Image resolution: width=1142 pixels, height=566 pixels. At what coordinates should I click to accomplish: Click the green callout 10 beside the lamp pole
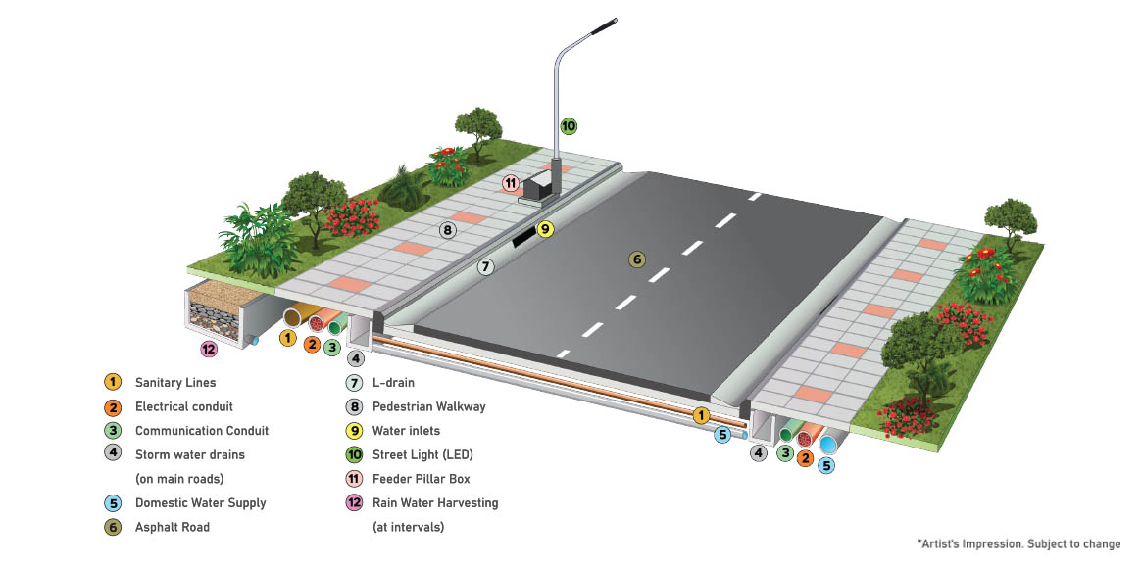point(569,125)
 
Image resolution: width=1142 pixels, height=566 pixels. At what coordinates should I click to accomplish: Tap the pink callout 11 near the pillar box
point(510,182)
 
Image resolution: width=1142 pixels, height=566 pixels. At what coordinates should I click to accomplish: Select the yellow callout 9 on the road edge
point(545,229)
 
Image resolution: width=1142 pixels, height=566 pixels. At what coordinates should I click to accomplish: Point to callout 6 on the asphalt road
point(637,259)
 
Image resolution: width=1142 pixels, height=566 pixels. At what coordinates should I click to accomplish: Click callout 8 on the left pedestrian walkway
point(447,231)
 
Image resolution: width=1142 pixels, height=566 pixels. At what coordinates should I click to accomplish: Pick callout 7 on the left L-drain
point(486,266)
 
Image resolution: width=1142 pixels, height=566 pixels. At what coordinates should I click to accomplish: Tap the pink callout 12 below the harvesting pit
point(208,349)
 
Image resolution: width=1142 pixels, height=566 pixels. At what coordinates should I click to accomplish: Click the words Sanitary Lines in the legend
point(174,382)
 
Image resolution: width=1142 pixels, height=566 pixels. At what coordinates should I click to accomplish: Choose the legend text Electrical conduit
point(183,406)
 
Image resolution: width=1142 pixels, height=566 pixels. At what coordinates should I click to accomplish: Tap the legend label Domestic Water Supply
point(200,502)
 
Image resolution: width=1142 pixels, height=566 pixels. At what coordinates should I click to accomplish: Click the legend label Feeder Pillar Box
point(421,479)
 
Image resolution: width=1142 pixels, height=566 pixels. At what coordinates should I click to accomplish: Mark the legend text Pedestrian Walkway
point(428,406)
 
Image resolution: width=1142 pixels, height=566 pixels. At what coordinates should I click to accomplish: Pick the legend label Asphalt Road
point(172,527)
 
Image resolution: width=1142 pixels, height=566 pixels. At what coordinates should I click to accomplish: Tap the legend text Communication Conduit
point(201,430)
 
